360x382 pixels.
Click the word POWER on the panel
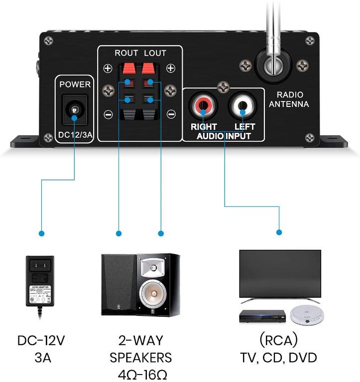(75, 85)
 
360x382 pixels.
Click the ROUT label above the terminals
(126, 53)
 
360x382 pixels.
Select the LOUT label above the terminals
(155, 53)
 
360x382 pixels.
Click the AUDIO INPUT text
(224, 136)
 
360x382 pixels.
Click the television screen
(280, 274)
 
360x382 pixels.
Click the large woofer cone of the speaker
(153, 296)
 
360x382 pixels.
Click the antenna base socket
(273, 65)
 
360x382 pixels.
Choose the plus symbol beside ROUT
(108, 69)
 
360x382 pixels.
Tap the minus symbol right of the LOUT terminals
(170, 113)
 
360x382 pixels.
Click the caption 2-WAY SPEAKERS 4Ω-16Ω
(140, 357)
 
